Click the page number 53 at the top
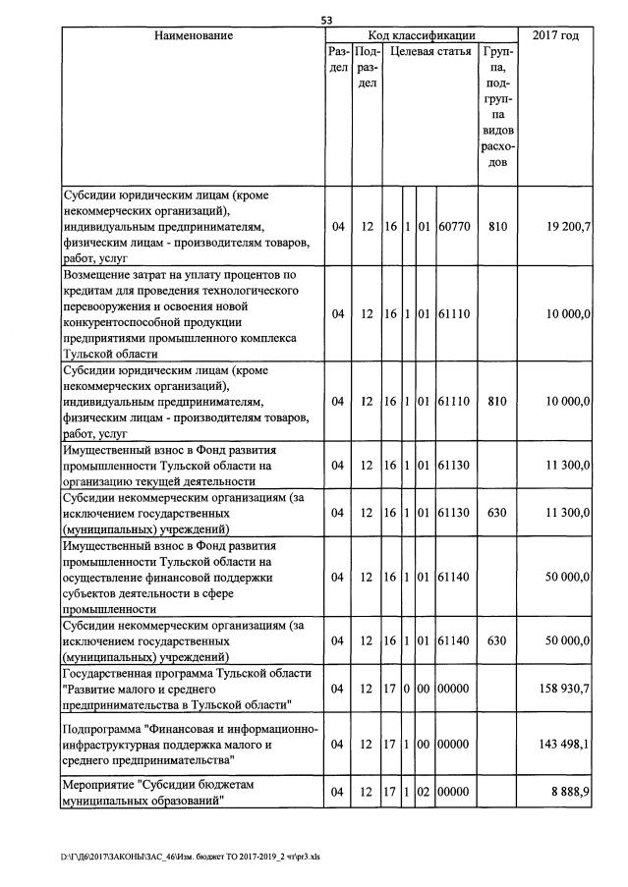point(326,20)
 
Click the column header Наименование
point(193,36)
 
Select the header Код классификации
point(421,36)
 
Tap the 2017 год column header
point(554,36)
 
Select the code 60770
point(454,227)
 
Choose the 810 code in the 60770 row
point(497,227)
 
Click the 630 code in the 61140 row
point(497,641)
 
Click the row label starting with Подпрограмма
point(190,746)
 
